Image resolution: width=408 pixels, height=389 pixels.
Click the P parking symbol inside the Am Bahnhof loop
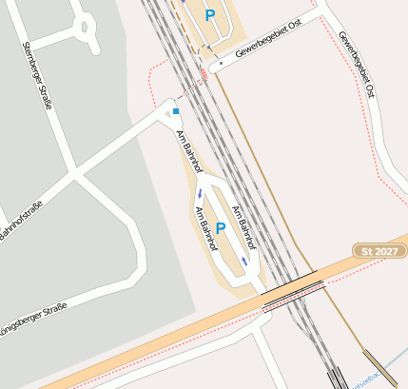(221, 228)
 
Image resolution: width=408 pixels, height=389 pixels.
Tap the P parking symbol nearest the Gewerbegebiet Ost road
(210, 15)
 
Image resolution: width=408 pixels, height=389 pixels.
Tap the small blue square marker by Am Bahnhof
(176, 111)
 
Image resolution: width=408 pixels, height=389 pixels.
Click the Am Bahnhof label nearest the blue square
(190, 149)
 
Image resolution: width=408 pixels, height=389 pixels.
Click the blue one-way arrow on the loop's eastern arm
(244, 259)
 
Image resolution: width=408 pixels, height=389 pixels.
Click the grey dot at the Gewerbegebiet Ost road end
(220, 64)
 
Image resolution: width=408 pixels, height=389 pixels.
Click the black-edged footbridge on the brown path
(380, 368)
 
